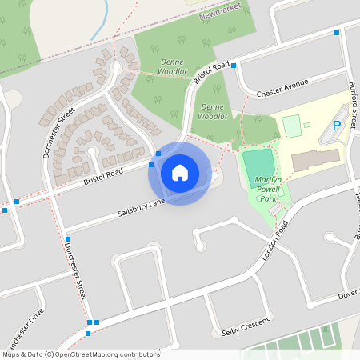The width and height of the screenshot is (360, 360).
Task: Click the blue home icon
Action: pos(180,172)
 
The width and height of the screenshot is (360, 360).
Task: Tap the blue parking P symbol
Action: pos(337,126)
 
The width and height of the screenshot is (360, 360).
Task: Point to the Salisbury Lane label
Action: pos(141,204)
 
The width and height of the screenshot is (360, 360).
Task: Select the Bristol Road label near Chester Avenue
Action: pos(212,73)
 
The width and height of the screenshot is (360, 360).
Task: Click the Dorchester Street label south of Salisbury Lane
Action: pos(74,273)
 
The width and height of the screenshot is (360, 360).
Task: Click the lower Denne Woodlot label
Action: pos(212,111)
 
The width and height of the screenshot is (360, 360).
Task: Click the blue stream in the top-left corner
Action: pos(101,24)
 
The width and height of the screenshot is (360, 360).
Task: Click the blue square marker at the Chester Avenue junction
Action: pos(234,66)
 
